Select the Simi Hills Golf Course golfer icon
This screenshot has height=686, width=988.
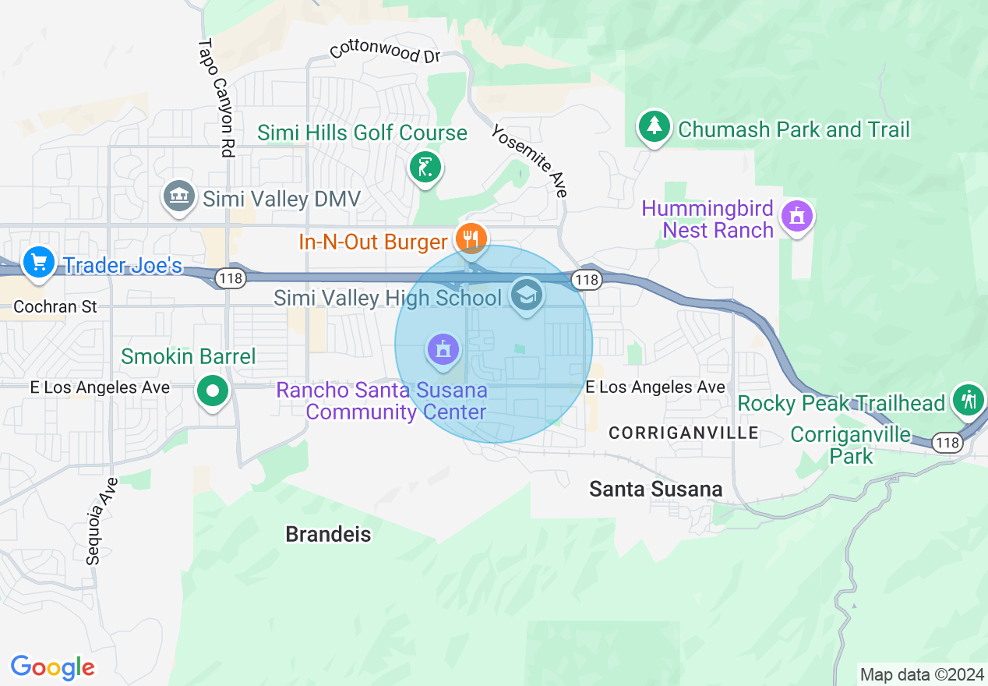pyautogui.click(x=425, y=167)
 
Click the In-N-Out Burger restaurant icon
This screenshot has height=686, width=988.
pyautogui.click(x=471, y=239)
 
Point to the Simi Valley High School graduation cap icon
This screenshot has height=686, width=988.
pyautogui.click(x=526, y=295)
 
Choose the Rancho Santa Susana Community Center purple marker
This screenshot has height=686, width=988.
pyautogui.click(x=443, y=348)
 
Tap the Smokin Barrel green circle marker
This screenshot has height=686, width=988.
pyautogui.click(x=213, y=390)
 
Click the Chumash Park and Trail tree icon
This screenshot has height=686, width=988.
pyautogui.click(x=655, y=126)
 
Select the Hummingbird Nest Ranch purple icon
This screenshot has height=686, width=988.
pyautogui.click(x=796, y=216)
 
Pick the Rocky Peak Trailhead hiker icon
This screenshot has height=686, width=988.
pyautogui.click(x=968, y=400)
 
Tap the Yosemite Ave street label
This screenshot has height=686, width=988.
pyautogui.click(x=529, y=161)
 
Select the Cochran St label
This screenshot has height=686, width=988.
pyautogui.click(x=55, y=306)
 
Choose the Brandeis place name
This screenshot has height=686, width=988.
pyautogui.click(x=328, y=534)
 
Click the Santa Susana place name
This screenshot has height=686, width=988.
pyautogui.click(x=655, y=489)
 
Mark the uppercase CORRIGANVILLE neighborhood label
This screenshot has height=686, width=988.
pyautogui.click(x=683, y=433)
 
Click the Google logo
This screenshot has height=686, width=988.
pyautogui.click(x=52, y=667)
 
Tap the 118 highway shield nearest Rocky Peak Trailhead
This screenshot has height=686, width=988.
pyautogui.click(x=947, y=443)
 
